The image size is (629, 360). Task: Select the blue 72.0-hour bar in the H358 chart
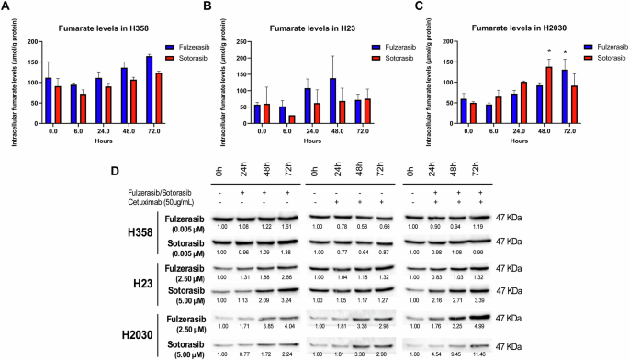coord(147,84)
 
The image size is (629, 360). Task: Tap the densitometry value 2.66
coord(289,278)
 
